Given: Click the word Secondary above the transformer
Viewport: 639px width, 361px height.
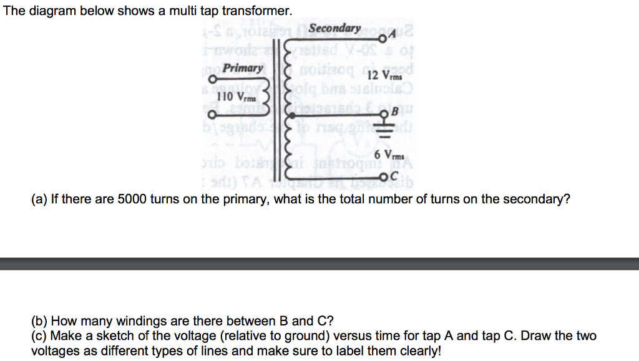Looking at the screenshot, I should (x=335, y=29).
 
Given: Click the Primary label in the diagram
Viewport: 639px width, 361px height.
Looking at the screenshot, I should (x=243, y=68).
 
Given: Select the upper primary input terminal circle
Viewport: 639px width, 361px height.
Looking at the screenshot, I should (x=213, y=79).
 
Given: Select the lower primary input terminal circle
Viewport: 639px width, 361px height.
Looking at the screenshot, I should (x=213, y=115).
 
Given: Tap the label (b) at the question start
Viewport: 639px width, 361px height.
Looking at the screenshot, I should (x=39, y=322).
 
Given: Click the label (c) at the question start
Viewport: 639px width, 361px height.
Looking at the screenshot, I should (x=39, y=336).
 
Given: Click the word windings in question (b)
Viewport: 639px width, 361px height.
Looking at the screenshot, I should (x=143, y=322).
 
